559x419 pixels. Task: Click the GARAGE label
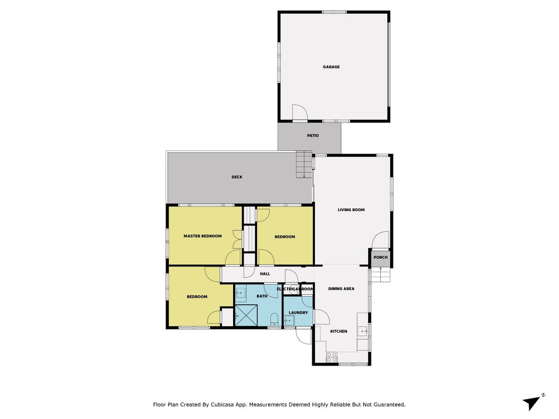331,67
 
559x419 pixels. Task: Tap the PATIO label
313,136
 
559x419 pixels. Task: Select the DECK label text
237,177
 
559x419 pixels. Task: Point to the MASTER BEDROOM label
203,236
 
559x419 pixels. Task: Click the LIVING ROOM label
351,210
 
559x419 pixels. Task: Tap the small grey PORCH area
380,257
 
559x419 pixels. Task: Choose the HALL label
265,274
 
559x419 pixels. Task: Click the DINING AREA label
341,289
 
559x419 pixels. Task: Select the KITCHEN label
338,332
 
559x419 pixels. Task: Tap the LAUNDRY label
299,313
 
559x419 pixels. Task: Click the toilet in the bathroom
274,319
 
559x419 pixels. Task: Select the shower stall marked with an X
246,315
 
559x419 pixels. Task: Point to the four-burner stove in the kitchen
332,357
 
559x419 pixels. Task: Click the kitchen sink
363,332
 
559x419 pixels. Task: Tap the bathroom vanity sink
241,293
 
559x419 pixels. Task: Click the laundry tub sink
289,321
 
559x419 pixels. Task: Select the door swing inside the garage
300,112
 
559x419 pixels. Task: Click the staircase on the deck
304,165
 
